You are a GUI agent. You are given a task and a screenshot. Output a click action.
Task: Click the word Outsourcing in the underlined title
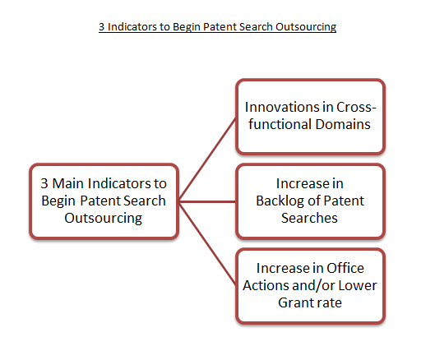point(306,27)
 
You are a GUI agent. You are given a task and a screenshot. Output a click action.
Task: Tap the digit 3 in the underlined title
point(101,27)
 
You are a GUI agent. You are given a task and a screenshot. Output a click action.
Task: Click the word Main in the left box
point(69,183)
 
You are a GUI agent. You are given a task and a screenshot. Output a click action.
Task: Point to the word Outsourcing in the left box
point(104,219)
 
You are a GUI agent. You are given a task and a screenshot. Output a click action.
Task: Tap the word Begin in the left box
point(58,201)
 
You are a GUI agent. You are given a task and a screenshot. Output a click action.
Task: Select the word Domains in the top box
point(343,124)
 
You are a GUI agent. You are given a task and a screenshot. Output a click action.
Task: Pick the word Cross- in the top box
point(356,107)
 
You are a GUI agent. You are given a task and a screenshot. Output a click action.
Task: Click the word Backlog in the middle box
point(280,201)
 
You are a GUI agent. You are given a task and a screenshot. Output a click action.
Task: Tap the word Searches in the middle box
point(309,218)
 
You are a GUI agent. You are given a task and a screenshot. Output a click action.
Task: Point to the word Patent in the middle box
point(344,201)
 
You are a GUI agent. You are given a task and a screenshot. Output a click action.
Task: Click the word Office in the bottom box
point(345,268)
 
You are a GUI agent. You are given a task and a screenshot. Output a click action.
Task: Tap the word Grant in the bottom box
point(294,302)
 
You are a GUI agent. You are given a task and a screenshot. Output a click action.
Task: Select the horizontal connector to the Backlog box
point(207,201)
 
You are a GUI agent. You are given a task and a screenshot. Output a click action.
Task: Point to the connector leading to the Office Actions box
point(207,243)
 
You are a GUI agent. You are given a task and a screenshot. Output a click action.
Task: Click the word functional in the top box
point(280,124)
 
